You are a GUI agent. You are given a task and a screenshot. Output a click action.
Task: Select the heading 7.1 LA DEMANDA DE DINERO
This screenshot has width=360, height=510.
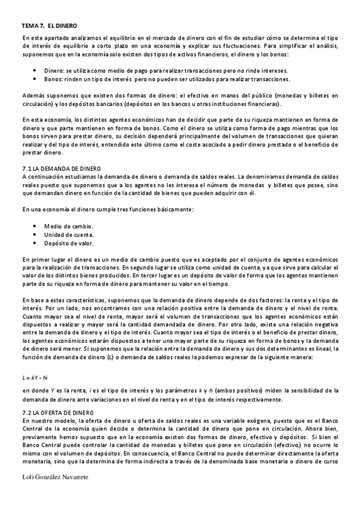click(x=62, y=170)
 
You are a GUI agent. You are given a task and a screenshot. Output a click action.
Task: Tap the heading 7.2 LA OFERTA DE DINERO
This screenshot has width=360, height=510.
click(x=58, y=413)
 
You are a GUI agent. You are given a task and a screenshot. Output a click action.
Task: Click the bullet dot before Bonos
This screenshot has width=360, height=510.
click(x=36, y=79)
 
